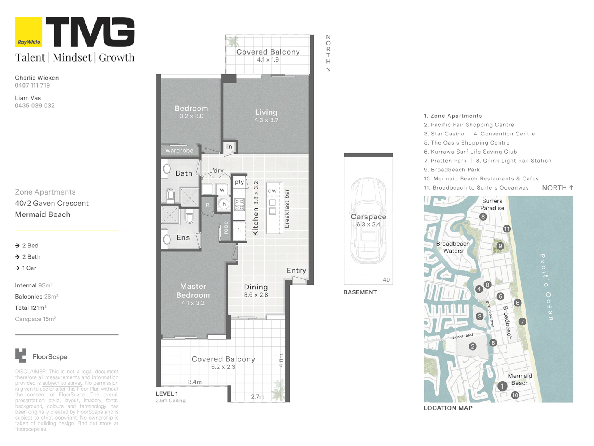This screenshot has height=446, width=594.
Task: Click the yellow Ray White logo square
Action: pyautogui.click(x=29, y=32)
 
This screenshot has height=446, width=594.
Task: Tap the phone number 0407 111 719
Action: pyautogui.click(x=33, y=85)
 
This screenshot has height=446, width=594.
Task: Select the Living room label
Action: pyautogui.click(x=266, y=112)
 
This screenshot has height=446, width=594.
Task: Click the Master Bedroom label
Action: pyautogui.click(x=193, y=291)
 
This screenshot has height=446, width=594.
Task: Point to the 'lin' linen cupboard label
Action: pyautogui.click(x=229, y=146)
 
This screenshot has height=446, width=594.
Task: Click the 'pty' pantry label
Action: pyautogui.click(x=239, y=182)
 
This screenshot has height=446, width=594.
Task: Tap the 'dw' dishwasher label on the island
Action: pyautogui.click(x=272, y=190)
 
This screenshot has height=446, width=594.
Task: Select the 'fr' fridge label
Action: pyautogui.click(x=239, y=231)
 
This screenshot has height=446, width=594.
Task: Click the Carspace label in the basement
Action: pyautogui.click(x=368, y=217)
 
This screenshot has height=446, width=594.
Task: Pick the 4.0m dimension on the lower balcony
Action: pyautogui.click(x=281, y=361)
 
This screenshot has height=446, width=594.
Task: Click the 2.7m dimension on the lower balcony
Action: pyautogui.click(x=257, y=397)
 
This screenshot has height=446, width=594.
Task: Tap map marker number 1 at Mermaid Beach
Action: pyautogui.click(x=502, y=386)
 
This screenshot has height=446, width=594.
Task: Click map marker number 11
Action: pyautogui.click(x=507, y=229)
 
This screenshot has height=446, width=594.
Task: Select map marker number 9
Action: pyautogui.click(x=500, y=246)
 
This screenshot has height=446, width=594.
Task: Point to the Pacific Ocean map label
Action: pyautogui.click(x=547, y=287)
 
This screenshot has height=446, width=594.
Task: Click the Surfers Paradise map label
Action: pyautogui.click(x=492, y=204)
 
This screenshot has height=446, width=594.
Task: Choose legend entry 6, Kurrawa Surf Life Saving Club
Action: pyautogui.click(x=471, y=152)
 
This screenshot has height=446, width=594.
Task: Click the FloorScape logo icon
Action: pyautogui.click(x=21, y=355)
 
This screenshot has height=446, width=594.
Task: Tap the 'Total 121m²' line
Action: pyautogui.click(x=31, y=308)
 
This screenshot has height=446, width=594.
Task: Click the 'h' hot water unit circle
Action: pyautogui.click(x=224, y=204)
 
